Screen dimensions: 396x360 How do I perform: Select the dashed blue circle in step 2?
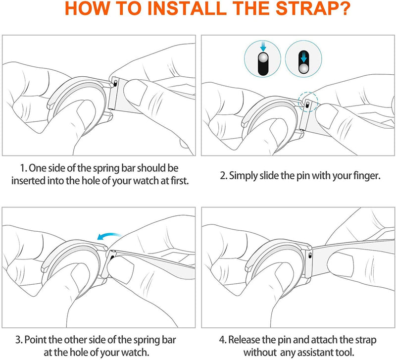pos(308,102)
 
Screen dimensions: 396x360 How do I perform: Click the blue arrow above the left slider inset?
pos(263,47)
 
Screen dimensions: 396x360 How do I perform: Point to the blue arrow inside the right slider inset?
pos(303,57)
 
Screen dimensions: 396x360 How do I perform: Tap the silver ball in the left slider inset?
pos(263,58)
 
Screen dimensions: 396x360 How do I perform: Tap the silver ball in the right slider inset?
pos(303,68)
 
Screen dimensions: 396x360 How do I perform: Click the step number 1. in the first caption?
pos(23,168)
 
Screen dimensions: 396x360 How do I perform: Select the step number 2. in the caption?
pos(224,176)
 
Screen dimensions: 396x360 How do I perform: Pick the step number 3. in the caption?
pos(19,340)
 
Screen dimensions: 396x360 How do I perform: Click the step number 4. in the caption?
pos(223,340)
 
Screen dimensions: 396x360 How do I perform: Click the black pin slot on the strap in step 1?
pos(115,83)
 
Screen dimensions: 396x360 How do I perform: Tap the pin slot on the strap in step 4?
pos(310,256)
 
